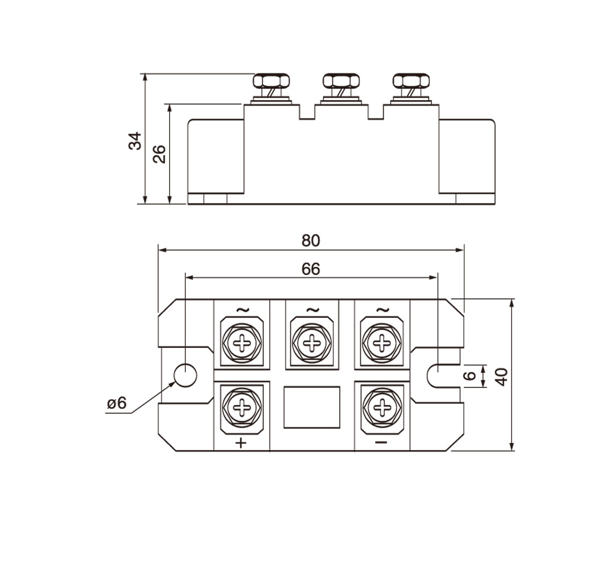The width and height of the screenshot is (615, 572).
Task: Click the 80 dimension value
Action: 311,240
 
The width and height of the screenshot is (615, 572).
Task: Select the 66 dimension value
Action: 311,269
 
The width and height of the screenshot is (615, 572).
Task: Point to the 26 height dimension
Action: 159,154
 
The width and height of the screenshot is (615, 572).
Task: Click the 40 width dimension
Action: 501,376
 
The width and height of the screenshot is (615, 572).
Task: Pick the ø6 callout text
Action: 116,403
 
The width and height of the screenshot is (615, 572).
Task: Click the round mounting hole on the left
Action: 185,376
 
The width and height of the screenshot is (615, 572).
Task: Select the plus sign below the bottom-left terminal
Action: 242,443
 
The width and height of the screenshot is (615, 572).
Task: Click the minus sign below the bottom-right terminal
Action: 381,442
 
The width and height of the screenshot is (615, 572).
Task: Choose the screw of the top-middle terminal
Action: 312,342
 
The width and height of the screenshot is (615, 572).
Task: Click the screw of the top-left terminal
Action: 243,342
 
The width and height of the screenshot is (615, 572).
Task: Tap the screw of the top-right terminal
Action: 382,342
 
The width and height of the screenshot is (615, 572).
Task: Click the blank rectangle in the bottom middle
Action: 312,407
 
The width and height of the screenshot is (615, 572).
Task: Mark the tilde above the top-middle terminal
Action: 312,310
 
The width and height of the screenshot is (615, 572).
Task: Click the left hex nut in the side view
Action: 271,82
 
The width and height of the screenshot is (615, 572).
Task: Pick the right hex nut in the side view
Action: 411,82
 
